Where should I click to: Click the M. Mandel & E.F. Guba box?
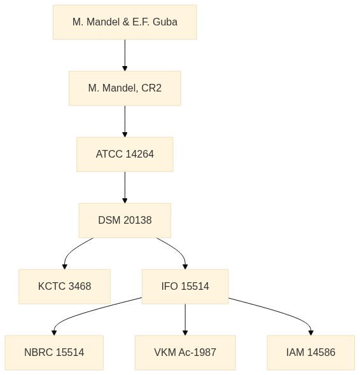[x=125, y=22]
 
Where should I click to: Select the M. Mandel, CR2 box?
[x=125, y=88]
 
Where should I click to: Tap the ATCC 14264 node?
[x=125, y=154]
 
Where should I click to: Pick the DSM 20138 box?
[x=125, y=221]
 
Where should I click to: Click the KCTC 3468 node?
[x=65, y=287]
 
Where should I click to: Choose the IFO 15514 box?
[x=185, y=287]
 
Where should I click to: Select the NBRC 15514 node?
[x=54, y=353]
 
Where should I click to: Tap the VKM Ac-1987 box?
[x=185, y=353]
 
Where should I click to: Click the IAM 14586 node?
[x=311, y=353]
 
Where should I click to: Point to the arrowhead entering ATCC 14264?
[x=125, y=134]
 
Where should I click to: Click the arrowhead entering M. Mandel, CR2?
[x=125, y=69]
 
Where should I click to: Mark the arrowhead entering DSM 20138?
[x=125, y=200]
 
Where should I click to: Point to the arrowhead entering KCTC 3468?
[x=65, y=266]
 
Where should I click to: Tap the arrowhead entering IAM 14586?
[x=311, y=332]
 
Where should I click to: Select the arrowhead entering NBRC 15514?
[x=54, y=332]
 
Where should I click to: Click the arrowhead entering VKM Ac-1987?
[x=185, y=332]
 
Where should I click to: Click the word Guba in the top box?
[x=165, y=22]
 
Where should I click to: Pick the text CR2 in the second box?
[x=151, y=88]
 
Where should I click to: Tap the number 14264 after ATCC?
[x=139, y=154]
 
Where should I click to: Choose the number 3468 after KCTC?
[x=80, y=286]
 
